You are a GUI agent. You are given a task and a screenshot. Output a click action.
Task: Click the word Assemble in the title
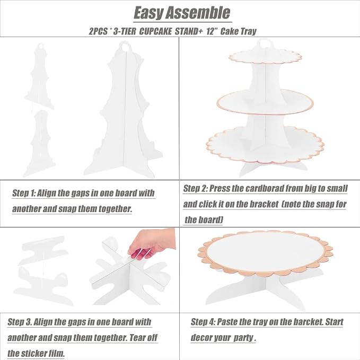pos(198,13)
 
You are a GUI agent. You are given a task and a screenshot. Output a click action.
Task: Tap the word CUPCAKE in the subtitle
pos(155,31)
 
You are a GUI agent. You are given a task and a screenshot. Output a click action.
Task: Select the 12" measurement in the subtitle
pos(212,31)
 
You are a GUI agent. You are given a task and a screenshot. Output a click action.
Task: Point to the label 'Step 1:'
pos(24,193)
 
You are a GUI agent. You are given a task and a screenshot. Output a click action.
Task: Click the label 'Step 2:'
pos(195,189)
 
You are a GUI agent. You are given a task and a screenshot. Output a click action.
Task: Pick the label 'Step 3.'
pos(20,322)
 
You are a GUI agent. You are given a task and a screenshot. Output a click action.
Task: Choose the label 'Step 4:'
pos(203,322)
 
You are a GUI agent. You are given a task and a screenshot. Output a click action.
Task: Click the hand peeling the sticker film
pos(152,243)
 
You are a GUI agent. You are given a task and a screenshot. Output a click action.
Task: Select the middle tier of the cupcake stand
pos(265,101)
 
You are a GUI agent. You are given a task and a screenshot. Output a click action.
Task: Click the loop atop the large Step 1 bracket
pos(126,46)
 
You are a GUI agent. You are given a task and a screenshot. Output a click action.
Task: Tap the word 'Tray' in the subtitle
pos(248,31)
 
